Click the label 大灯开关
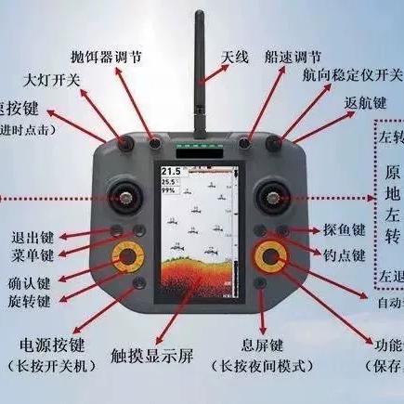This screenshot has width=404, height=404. pos(51,81)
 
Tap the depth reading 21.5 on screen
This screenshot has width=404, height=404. pos(171,173)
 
